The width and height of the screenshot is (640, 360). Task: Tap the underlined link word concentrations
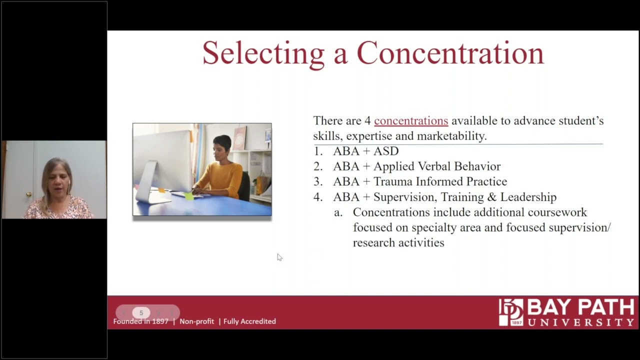pyautogui.click(x=411, y=121)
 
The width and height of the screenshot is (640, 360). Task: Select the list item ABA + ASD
pyautogui.click(x=365, y=151)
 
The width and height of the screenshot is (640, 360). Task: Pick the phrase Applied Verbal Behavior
pyautogui.click(x=436, y=166)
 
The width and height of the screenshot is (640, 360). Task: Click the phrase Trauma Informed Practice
pyautogui.click(x=440, y=181)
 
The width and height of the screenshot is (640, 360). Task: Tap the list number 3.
pyautogui.click(x=317, y=181)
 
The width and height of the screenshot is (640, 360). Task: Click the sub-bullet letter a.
pyautogui.click(x=338, y=212)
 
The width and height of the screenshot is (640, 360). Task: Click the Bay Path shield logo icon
pyautogui.click(x=510, y=312)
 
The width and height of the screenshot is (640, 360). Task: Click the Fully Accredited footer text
pyautogui.click(x=249, y=321)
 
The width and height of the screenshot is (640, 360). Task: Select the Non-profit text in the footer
pyautogui.click(x=196, y=321)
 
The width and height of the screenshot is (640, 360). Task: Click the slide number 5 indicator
pyautogui.click(x=141, y=313)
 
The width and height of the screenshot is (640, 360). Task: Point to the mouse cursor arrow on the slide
pyautogui.click(x=279, y=257)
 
